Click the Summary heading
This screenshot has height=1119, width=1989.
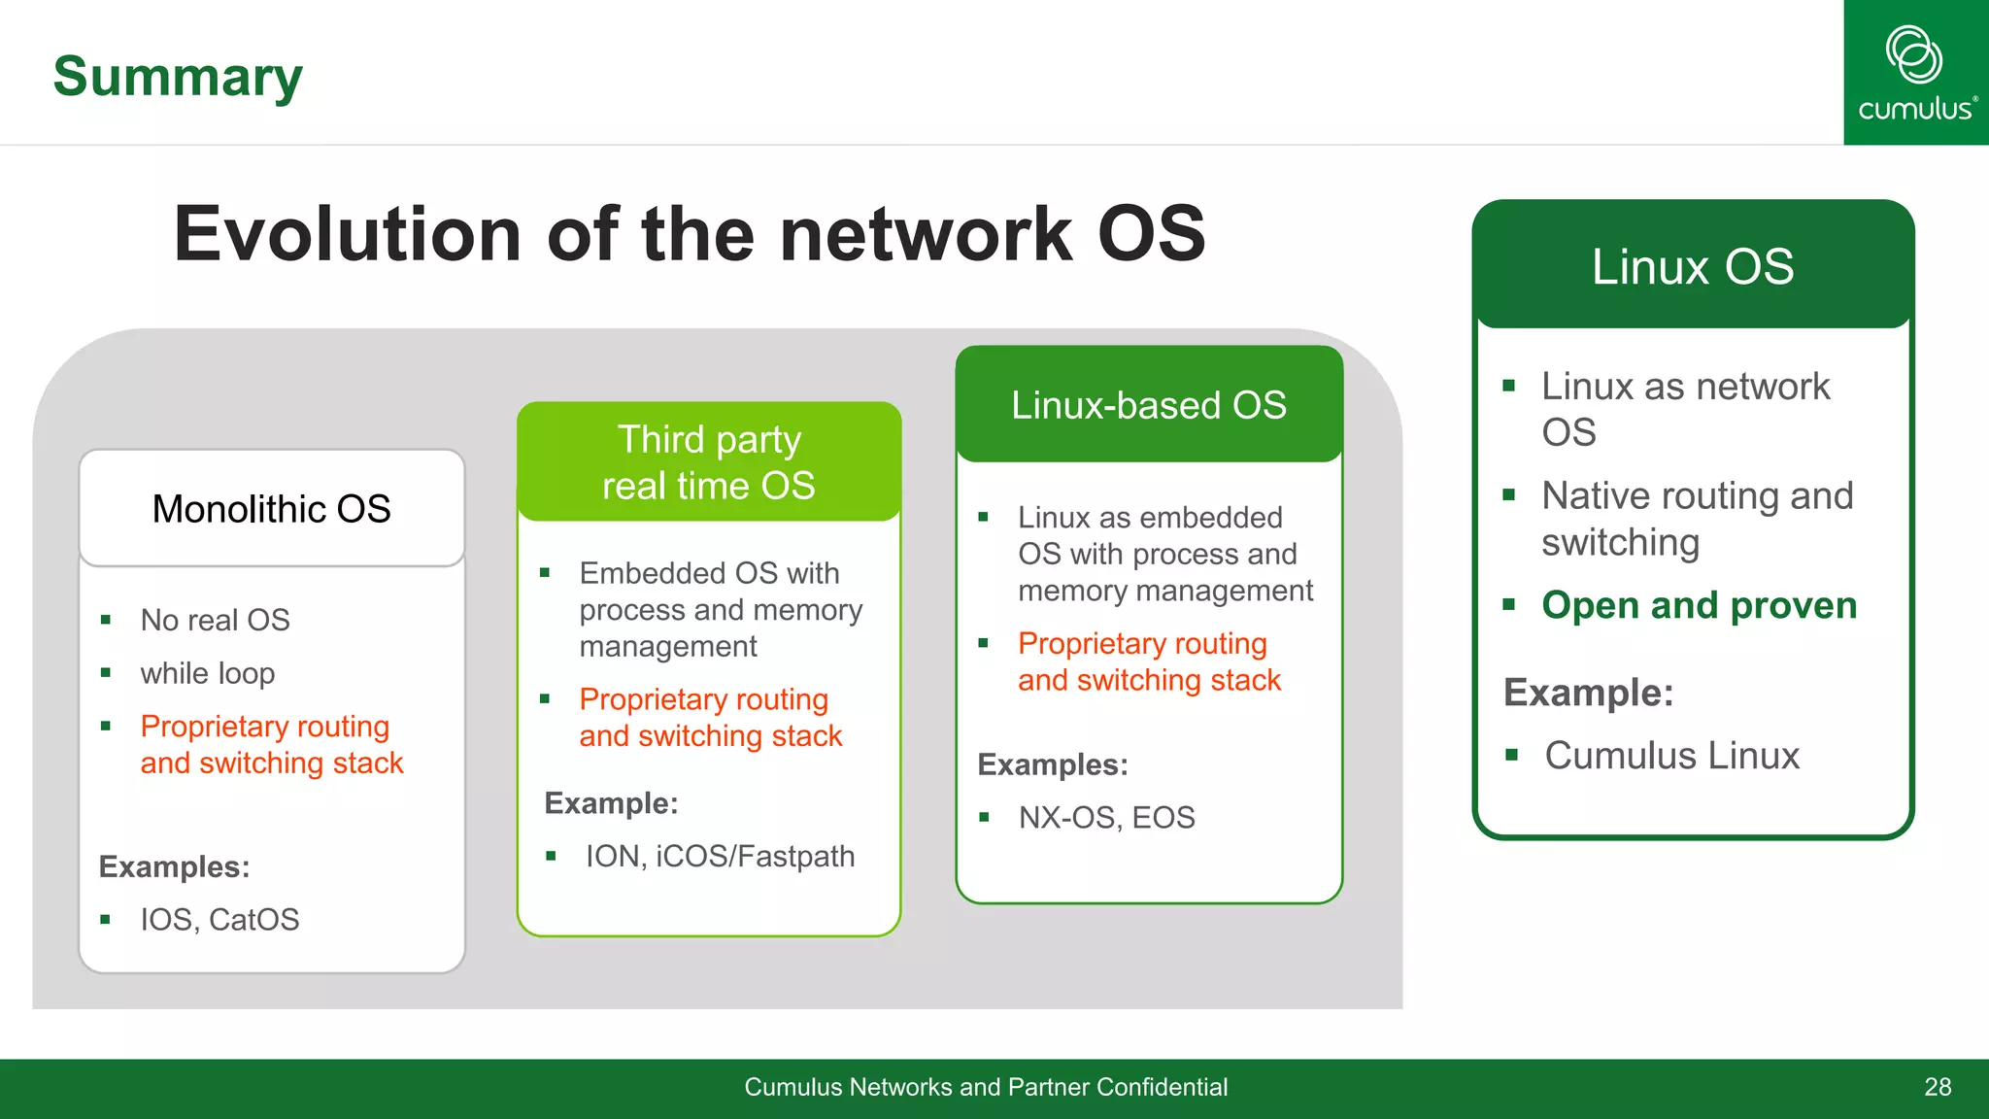[x=178, y=77]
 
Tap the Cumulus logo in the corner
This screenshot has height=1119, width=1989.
[x=1915, y=73]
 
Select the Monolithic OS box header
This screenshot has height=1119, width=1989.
[x=272, y=509]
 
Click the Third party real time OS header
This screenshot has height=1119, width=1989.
[x=709, y=462]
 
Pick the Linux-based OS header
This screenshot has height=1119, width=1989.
[x=1149, y=405]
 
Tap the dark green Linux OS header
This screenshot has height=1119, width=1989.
[x=1693, y=266]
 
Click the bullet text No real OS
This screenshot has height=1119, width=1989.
[x=215, y=620]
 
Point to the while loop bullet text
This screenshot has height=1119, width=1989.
[x=207, y=673]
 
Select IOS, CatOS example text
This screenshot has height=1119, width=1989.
[x=219, y=919]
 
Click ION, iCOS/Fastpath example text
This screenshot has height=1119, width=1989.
[x=720, y=856]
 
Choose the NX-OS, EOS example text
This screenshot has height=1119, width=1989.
[x=1106, y=817]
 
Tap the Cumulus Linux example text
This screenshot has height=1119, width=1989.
[x=1671, y=756]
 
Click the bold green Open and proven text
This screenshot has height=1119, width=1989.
[x=1699, y=605]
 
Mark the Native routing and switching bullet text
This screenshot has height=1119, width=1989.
[x=1697, y=519]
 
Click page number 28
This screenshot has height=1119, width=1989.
[x=1938, y=1087]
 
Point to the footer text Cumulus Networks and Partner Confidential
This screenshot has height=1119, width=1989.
[x=986, y=1087]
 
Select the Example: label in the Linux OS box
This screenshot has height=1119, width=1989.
[x=1588, y=693]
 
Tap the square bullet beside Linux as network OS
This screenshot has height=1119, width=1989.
[x=1508, y=386]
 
